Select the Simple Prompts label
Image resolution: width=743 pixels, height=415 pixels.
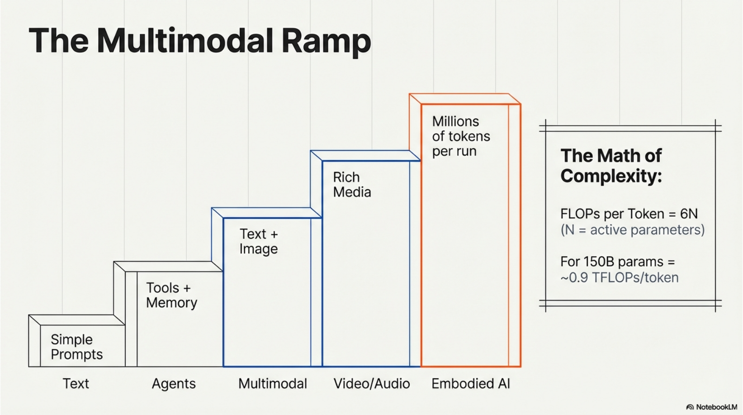(76, 347)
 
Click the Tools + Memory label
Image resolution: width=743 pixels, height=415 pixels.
(171, 295)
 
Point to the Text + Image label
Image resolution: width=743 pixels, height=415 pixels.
(258, 241)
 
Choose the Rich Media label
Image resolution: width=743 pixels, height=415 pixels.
(352, 185)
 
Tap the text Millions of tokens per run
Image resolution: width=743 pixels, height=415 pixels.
(460, 136)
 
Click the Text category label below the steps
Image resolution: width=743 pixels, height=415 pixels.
(76, 384)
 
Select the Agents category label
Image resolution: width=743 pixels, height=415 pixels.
(174, 384)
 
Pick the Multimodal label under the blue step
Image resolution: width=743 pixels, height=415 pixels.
(272, 384)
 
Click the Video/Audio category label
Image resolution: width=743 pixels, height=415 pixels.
(371, 384)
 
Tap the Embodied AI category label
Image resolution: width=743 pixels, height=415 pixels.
(470, 384)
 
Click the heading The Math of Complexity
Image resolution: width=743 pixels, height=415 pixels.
(611, 166)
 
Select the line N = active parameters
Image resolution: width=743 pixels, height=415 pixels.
(632, 230)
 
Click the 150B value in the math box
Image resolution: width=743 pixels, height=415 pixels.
(598, 262)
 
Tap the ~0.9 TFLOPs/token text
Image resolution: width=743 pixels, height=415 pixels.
(619, 277)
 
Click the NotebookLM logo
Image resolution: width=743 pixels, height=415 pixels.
(711, 407)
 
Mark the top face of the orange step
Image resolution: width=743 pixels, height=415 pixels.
(465, 99)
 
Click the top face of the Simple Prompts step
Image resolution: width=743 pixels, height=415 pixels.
(76, 320)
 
